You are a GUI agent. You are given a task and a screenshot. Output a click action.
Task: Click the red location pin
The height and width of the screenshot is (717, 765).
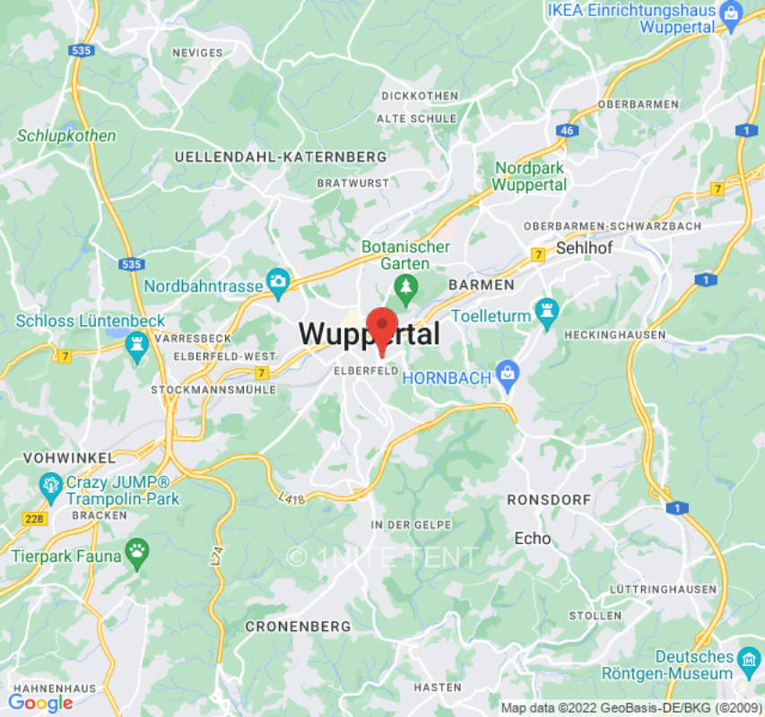(x=383, y=325)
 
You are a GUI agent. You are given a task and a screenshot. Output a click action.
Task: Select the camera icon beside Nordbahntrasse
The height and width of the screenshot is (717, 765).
(x=278, y=282)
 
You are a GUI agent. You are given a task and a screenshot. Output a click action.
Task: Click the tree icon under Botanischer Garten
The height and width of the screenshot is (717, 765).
(x=408, y=288)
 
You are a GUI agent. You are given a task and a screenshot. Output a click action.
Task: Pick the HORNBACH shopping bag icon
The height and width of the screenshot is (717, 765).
(x=508, y=375)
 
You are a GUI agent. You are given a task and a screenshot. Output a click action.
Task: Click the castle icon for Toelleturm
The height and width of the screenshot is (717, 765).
(x=545, y=311)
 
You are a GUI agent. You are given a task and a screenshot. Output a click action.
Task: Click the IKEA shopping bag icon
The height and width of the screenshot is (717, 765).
(x=732, y=13)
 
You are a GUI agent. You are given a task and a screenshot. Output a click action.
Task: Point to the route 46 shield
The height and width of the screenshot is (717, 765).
(x=566, y=130)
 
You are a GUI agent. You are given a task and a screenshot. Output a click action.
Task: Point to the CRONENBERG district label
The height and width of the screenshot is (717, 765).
(x=298, y=626)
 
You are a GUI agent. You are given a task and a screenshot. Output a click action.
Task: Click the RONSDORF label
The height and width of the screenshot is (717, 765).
(x=549, y=499)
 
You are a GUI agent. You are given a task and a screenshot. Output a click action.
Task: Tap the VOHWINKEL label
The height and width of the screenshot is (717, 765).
(x=58, y=457)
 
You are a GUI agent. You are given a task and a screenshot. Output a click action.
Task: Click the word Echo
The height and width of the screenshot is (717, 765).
(x=533, y=538)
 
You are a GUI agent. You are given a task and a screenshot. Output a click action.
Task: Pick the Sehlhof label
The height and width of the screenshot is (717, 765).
(x=584, y=247)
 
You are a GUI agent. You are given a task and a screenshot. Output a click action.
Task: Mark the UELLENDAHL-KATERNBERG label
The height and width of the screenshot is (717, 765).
(x=281, y=157)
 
